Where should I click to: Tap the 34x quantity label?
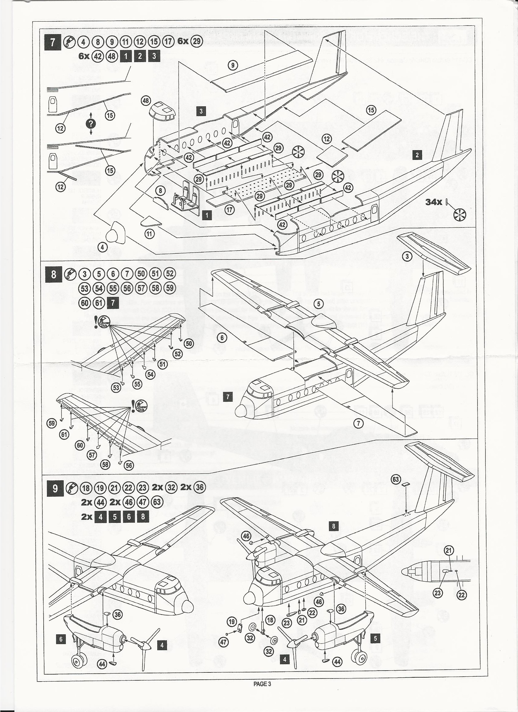point(434,202)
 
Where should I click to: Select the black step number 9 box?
point(55,488)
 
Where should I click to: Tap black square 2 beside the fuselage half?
point(417,155)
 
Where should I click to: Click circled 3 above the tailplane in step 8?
point(407,256)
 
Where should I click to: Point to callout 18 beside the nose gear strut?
point(270,620)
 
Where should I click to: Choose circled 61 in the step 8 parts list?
point(99,303)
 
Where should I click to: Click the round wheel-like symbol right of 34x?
point(460,215)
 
